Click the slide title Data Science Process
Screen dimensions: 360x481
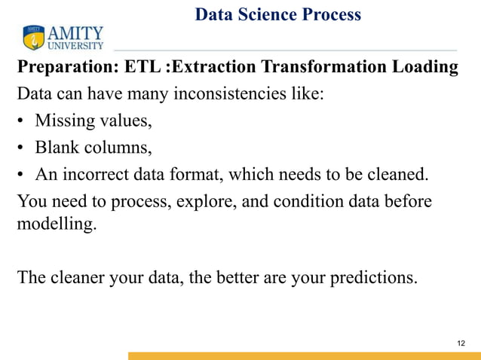277,14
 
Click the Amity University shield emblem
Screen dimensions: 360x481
34,37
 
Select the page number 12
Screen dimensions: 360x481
462,343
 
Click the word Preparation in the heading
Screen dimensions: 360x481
61,68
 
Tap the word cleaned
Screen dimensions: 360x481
397,175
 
